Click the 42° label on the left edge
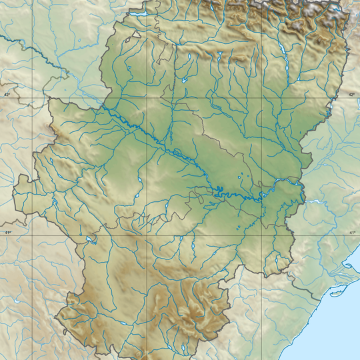click(x=7, y=95)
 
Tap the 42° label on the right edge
click(x=351, y=95)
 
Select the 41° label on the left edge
click(x=7, y=231)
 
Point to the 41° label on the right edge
click(x=351, y=231)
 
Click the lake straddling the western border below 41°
click(x=90, y=240)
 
